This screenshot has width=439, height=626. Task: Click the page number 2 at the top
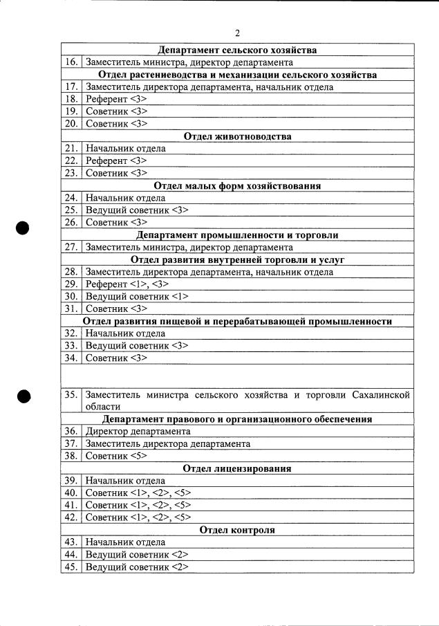(x=236, y=33)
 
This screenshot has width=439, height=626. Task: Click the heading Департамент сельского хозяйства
(x=237, y=50)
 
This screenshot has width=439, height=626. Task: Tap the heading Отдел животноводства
(x=237, y=136)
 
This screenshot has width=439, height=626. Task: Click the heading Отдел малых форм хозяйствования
(x=237, y=186)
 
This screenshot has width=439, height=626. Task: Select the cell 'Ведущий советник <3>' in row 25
(x=136, y=210)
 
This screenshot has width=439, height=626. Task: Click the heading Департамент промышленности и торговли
(x=237, y=235)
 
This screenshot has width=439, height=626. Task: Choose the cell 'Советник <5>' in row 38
(x=115, y=457)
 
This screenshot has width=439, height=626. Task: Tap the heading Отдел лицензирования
(x=237, y=469)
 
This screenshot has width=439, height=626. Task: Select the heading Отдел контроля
(x=237, y=531)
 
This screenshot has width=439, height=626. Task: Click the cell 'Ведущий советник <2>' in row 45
(x=136, y=567)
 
